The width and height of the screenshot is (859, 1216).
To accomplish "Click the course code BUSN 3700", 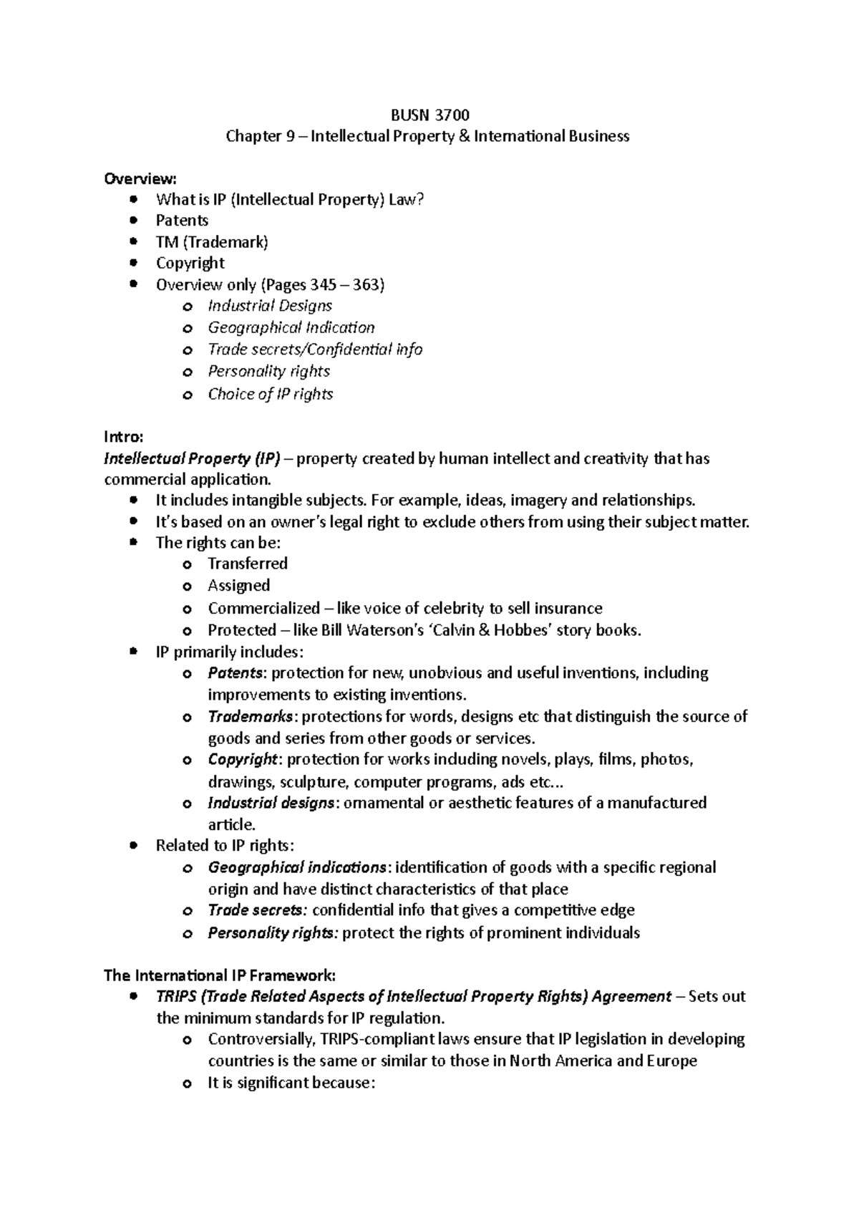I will click(429, 115).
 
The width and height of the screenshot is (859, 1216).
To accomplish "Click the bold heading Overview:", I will click(140, 178).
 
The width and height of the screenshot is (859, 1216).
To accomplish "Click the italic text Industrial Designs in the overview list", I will click(270, 306).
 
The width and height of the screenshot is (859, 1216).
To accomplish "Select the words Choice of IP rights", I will click(270, 394).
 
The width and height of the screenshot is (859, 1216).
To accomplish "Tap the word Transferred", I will click(248, 564).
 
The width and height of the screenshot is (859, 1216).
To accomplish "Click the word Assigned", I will click(238, 586).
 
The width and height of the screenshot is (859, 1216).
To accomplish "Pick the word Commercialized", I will click(263, 608).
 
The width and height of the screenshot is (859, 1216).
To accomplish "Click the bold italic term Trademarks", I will click(250, 716).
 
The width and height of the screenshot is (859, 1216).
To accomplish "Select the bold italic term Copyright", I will click(242, 759).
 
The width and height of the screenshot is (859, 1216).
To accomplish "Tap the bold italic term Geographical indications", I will click(297, 867).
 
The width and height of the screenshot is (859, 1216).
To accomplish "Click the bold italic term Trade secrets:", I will click(257, 910).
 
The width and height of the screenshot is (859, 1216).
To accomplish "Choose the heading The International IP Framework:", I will click(219, 975).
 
